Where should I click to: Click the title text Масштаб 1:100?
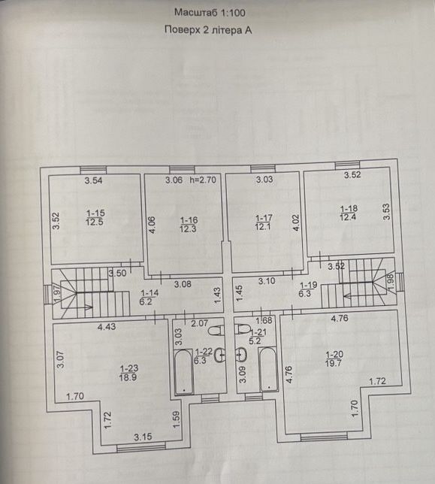coord(210,13)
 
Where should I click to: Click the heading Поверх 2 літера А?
coord(208,30)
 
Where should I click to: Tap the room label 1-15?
coord(95,213)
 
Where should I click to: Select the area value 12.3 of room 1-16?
coord(188,229)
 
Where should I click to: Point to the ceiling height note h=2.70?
coord(204,180)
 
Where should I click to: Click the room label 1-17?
coord(264,218)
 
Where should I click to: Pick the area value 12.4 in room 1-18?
coord(348,217)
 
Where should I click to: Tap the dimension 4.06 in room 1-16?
coord(152,225)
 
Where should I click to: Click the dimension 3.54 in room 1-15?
coord(93,180)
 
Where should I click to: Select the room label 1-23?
coord(129,368)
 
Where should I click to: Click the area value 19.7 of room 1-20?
coord(334,363)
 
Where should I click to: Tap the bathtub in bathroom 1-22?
coord(184,371)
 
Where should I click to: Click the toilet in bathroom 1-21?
coord(242,328)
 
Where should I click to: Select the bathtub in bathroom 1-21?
coord(268,370)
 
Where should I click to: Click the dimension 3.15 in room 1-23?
coord(143,437)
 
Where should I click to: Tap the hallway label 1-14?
coord(150,292)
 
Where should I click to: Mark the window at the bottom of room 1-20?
coord(324,436)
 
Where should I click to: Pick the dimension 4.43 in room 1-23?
coord(107,327)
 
